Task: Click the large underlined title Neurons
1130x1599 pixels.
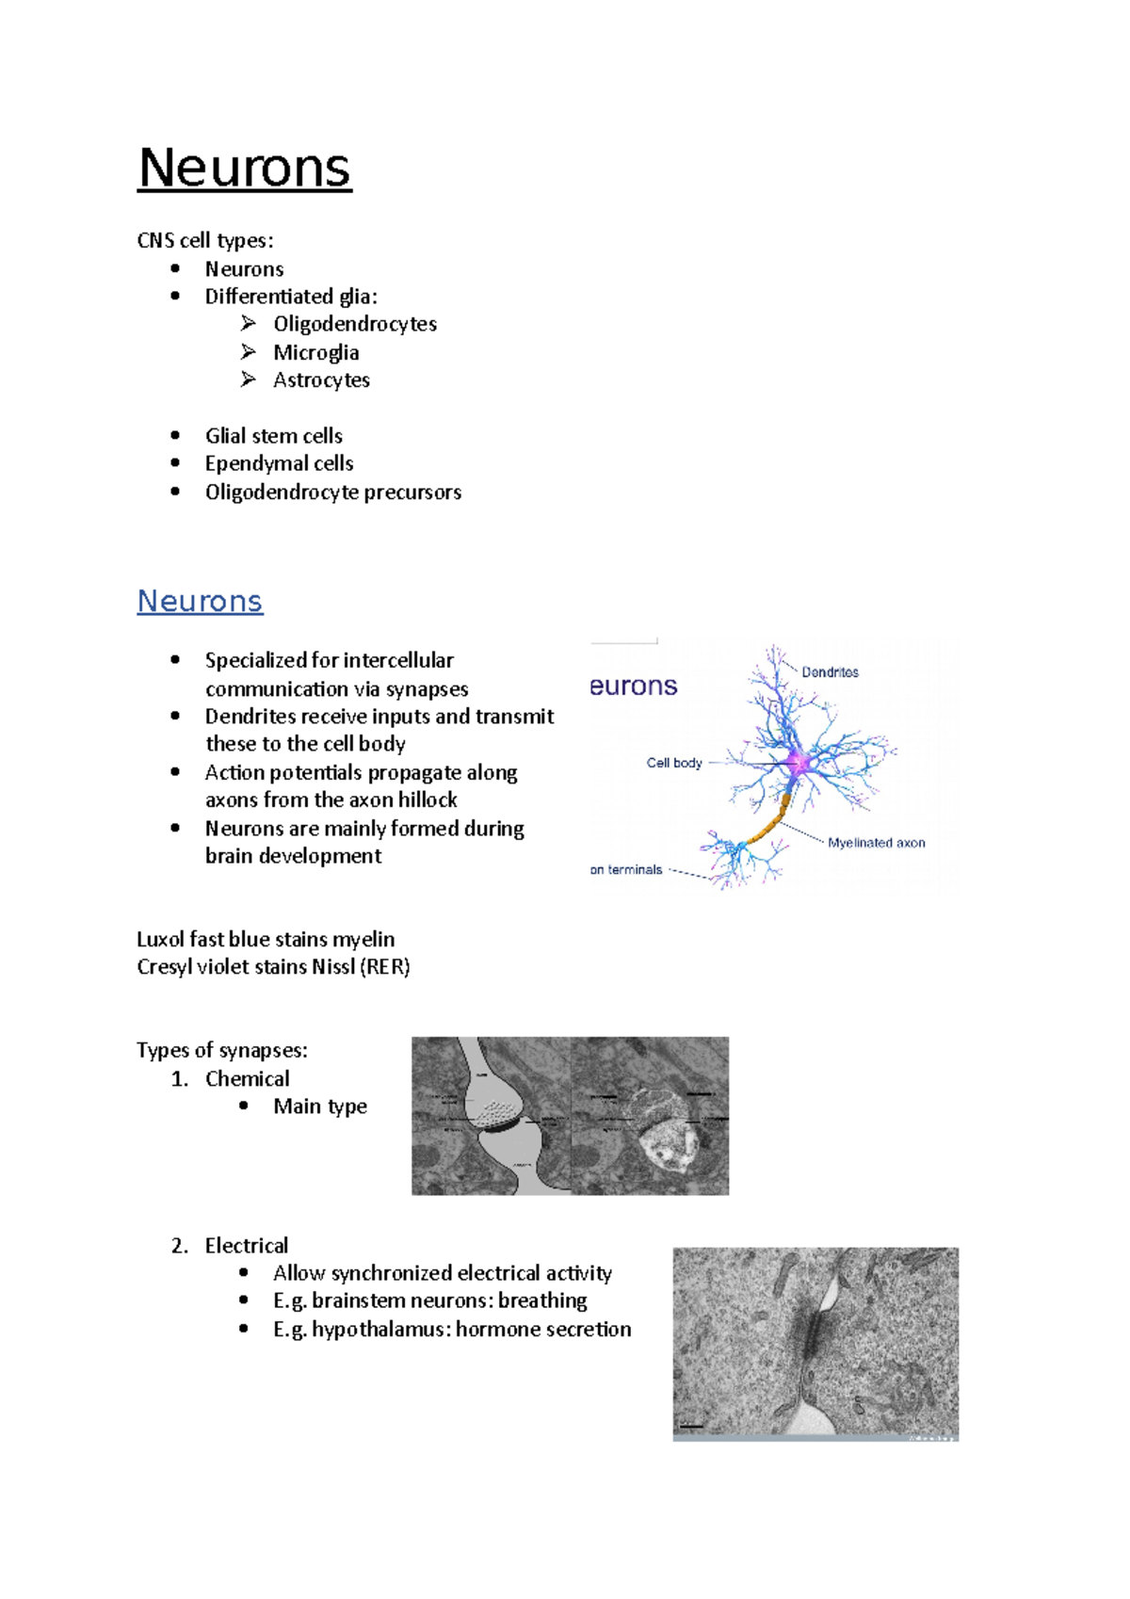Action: [x=244, y=169]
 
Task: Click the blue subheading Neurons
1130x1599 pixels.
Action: [x=200, y=601]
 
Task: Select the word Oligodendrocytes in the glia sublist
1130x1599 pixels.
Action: [x=355, y=324]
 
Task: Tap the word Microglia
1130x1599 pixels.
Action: [x=315, y=352]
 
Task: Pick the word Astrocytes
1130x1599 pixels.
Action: [x=321, y=380]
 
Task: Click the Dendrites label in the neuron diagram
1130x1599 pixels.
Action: [x=830, y=672]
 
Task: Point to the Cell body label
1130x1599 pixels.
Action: [x=674, y=763]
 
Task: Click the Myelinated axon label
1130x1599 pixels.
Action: [x=876, y=843]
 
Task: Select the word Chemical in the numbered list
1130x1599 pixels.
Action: [x=247, y=1078]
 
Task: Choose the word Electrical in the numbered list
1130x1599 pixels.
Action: [x=247, y=1245]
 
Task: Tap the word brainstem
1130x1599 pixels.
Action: [x=359, y=1300]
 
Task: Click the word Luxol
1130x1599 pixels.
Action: [x=160, y=939]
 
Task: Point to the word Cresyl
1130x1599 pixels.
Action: [x=164, y=967]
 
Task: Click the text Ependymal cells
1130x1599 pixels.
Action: [x=279, y=463]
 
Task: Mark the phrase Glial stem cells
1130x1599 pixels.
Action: [x=273, y=436]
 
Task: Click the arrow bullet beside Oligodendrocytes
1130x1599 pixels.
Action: [x=248, y=324]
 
